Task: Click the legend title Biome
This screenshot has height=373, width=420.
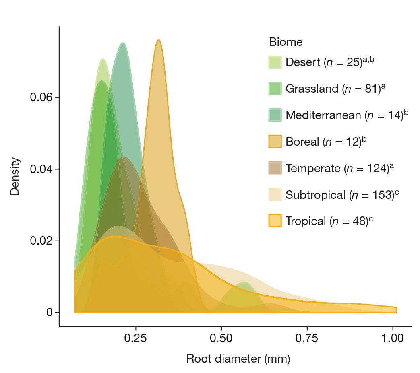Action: coord(286,42)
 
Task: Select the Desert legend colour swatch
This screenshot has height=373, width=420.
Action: coord(275,62)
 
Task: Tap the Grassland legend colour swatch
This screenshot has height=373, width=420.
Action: coord(275,89)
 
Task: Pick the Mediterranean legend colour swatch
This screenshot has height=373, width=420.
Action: coord(275,115)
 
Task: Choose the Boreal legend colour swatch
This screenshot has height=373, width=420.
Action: coord(275,142)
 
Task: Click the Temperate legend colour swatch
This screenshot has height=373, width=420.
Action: coord(275,168)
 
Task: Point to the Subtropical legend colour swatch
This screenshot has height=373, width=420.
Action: coord(275,194)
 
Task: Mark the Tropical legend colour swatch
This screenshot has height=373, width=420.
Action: coord(275,221)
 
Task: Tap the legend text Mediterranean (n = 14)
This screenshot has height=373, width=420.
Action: coord(344,115)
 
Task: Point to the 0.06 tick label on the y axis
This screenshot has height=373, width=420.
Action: coord(41,98)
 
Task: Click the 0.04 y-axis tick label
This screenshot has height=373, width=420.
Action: coord(41,169)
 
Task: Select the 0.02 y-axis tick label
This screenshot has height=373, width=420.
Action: coord(41,241)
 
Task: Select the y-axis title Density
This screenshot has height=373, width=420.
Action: coord(15,176)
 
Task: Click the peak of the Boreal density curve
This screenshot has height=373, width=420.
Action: coord(159,40)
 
